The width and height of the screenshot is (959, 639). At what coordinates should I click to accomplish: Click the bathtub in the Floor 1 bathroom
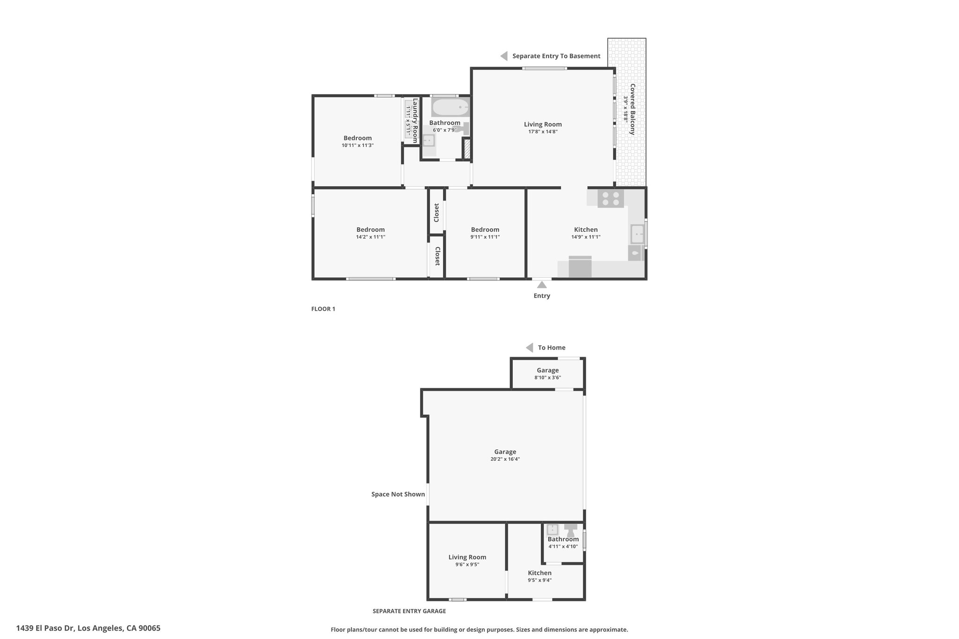[450, 107]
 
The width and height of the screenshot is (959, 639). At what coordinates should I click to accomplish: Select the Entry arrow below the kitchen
[542, 284]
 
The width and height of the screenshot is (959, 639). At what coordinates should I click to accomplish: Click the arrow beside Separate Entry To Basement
[504, 56]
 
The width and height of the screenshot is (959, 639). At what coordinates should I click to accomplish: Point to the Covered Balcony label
[633, 110]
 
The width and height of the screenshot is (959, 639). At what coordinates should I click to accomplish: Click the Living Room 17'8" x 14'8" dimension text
[543, 132]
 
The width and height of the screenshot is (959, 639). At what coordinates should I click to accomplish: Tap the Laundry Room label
[415, 120]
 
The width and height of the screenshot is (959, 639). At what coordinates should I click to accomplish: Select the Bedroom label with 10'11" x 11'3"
[358, 138]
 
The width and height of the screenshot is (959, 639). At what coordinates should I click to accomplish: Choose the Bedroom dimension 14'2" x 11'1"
[370, 237]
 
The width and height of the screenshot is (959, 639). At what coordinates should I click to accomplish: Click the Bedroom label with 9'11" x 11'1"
[485, 229]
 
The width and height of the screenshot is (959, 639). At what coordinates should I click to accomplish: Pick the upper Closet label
[436, 213]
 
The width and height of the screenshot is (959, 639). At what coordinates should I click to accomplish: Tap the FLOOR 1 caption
[323, 309]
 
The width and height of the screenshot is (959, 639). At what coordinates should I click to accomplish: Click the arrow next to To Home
[529, 347]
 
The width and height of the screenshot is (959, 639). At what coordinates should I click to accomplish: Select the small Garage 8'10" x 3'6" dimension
[547, 377]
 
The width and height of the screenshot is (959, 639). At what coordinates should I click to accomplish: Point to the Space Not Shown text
[398, 494]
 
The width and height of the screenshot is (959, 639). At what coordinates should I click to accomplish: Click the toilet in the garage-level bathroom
[570, 530]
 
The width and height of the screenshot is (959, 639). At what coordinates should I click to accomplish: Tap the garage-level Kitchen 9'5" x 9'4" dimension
[539, 580]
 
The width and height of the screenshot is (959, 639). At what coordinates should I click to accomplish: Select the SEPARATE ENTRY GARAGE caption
[409, 611]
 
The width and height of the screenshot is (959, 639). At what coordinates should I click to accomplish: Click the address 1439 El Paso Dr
[45, 628]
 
